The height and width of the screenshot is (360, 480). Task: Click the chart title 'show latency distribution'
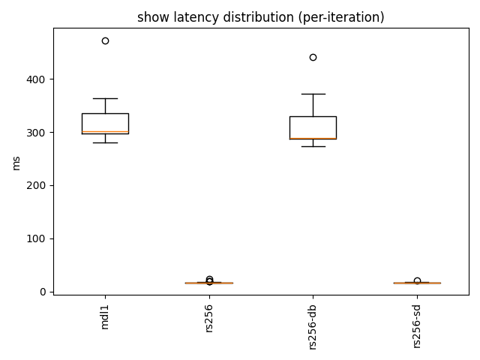pos(260,17)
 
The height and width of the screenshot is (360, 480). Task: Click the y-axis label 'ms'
pos(16,162)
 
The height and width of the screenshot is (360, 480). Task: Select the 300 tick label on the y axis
pos(36,133)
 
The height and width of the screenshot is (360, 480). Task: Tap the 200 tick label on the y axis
pos(36,185)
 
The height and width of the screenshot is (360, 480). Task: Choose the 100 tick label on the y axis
pos(36,238)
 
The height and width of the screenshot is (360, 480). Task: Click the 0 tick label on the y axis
pos(42,292)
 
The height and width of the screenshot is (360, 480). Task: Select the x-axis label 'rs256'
pos(209,320)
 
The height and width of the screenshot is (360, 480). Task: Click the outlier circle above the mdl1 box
pos(105,40)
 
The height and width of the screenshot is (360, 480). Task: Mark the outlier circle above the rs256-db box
pos(313,57)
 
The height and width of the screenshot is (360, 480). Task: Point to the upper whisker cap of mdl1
pos(105,98)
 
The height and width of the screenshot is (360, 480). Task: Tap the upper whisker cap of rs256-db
pos(313,94)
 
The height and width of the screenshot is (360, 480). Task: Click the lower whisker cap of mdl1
pos(105,142)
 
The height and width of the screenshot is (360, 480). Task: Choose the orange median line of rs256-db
pos(313,139)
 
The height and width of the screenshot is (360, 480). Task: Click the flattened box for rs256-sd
pos(417,283)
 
